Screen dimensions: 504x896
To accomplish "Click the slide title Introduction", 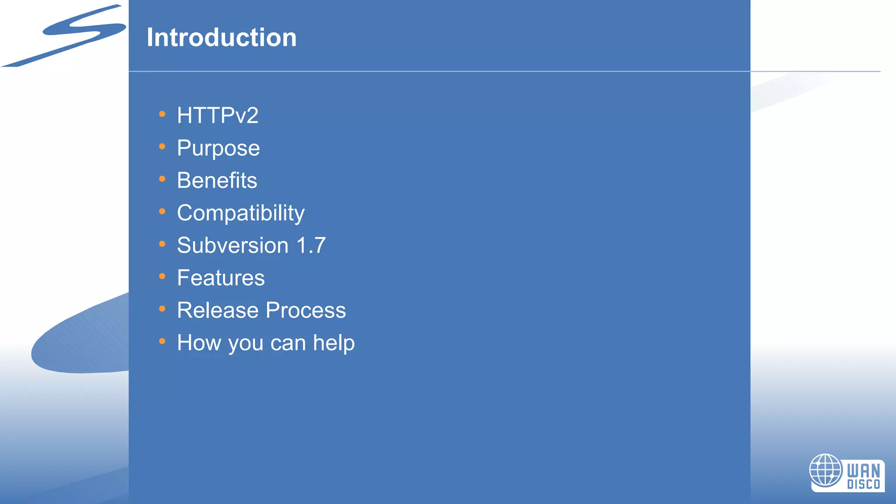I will tap(221, 38).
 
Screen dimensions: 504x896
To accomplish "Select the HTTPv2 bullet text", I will tap(217, 115).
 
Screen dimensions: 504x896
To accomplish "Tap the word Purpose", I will tap(218, 148).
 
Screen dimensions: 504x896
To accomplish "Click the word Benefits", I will tap(217, 180).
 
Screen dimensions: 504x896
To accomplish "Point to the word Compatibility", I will tap(241, 213).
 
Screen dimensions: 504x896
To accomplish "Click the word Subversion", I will tap(233, 245).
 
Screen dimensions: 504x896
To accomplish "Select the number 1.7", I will tap(311, 245).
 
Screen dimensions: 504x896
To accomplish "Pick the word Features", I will tap(221, 278).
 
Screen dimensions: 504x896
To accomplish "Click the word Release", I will tap(218, 311).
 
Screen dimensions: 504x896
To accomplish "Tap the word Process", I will tap(306, 311).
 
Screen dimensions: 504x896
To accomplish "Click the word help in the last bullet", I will tap(334, 343).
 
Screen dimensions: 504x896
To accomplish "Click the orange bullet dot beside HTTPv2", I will tap(162, 114).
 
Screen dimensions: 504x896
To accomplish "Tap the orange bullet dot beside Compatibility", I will tap(162, 212).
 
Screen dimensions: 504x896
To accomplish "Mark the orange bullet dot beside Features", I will tap(162, 276).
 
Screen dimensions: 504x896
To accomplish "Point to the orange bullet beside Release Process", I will tap(162, 309).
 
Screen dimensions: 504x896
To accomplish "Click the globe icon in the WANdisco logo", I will tap(826, 470).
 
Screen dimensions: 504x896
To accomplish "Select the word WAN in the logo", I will tap(864, 471).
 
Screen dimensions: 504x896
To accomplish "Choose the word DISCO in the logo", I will tap(864, 484).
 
